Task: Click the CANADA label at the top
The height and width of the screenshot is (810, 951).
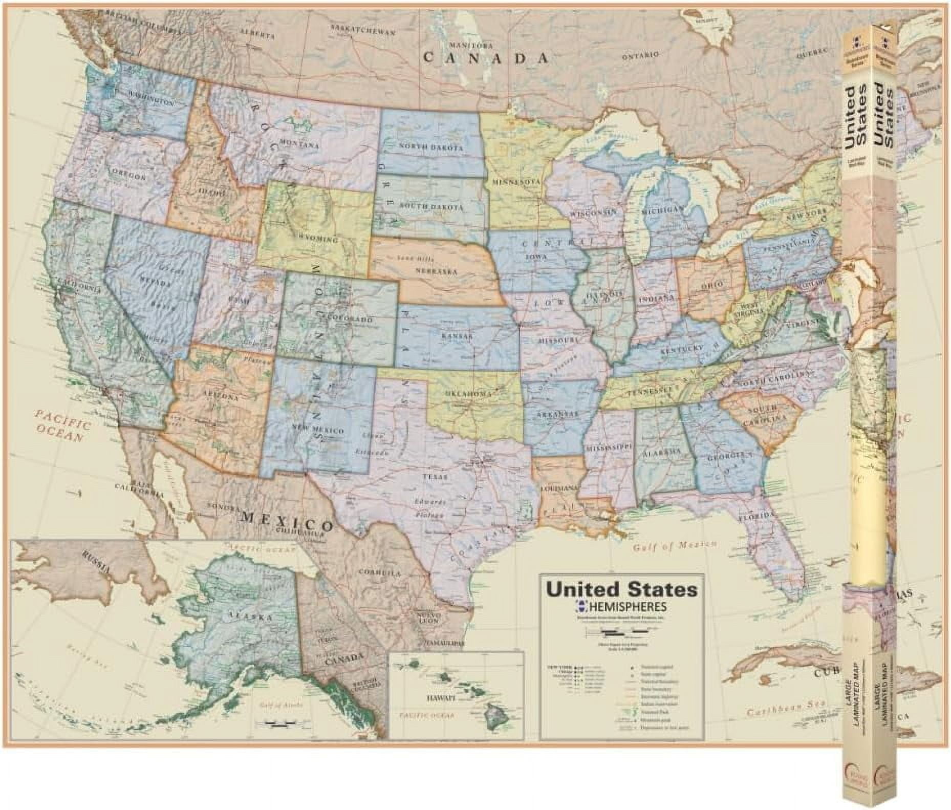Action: [x=486, y=57]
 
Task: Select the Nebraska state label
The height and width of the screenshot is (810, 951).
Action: [x=436, y=271]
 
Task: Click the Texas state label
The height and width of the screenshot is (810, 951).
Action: [x=435, y=477]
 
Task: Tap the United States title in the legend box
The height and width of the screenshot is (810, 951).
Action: [x=622, y=589]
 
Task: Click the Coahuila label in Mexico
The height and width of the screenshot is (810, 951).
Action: [x=379, y=573]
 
